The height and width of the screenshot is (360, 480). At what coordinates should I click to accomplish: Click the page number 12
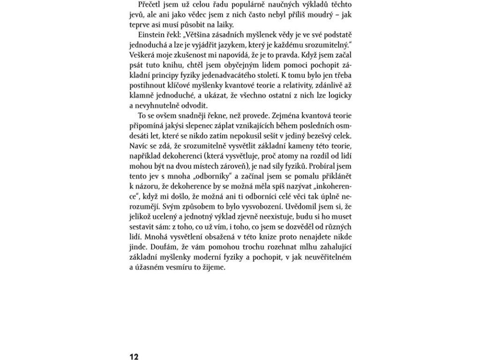pos(134,357)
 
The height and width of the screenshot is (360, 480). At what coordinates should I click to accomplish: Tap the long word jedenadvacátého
pos(246,75)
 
